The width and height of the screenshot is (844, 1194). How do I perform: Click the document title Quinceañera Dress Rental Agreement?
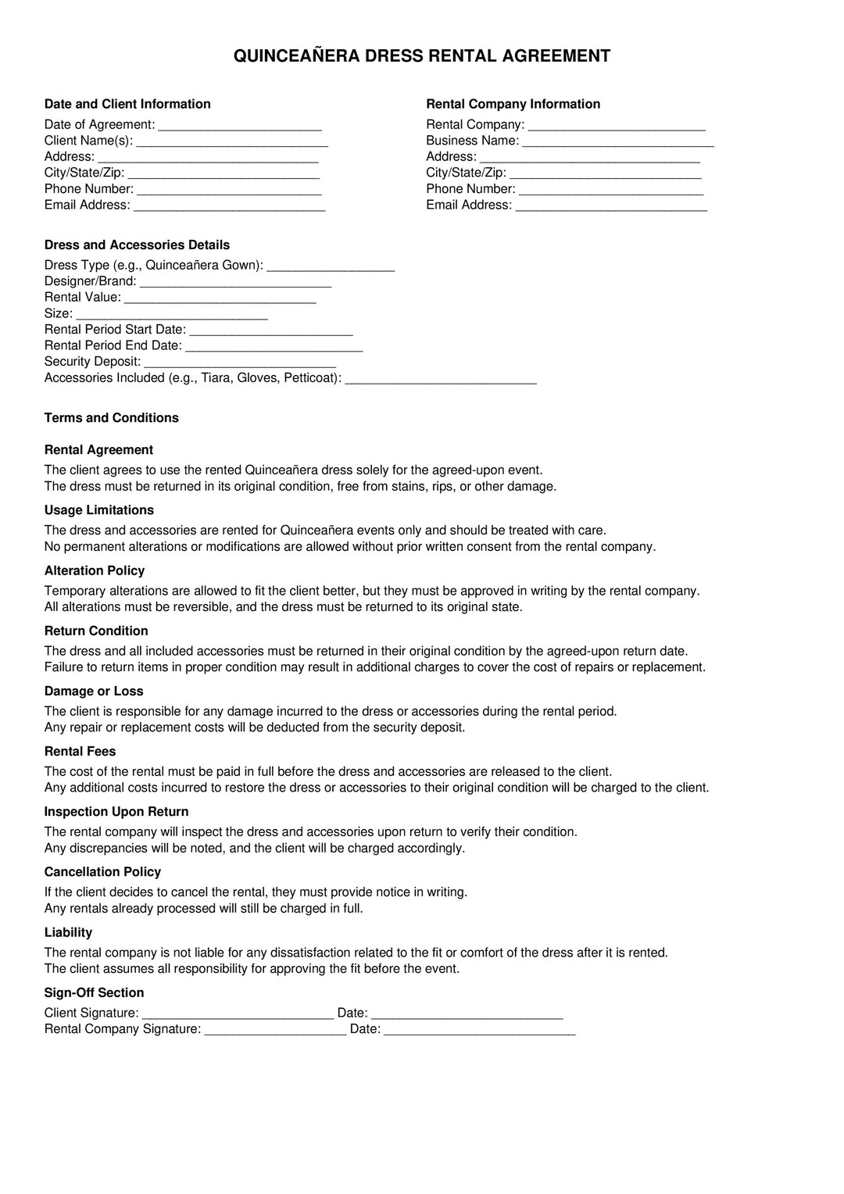pyautogui.click(x=422, y=56)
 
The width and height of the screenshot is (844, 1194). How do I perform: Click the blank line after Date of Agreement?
pyautogui.click(x=240, y=126)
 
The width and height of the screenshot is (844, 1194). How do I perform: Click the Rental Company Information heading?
pyautogui.click(x=513, y=104)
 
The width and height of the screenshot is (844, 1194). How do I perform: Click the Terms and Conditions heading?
pyautogui.click(x=111, y=418)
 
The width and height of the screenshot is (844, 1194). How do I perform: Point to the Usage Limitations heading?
pyautogui.click(x=98, y=510)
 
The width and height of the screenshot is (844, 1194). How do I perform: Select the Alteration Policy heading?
pyautogui.click(x=94, y=571)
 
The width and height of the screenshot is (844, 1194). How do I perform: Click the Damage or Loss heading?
pyautogui.click(x=94, y=692)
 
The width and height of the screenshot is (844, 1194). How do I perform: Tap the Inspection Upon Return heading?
pyautogui.click(x=116, y=812)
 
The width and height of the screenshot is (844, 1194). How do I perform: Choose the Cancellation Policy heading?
pyautogui.click(x=102, y=872)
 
